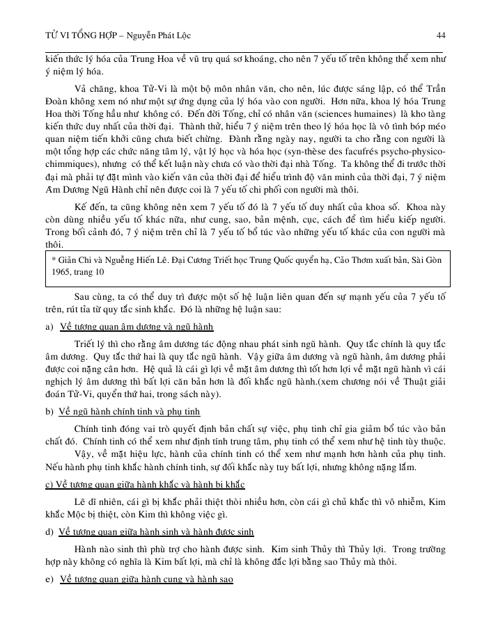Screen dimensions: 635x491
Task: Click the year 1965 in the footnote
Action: pyautogui.click(x=62, y=274)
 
